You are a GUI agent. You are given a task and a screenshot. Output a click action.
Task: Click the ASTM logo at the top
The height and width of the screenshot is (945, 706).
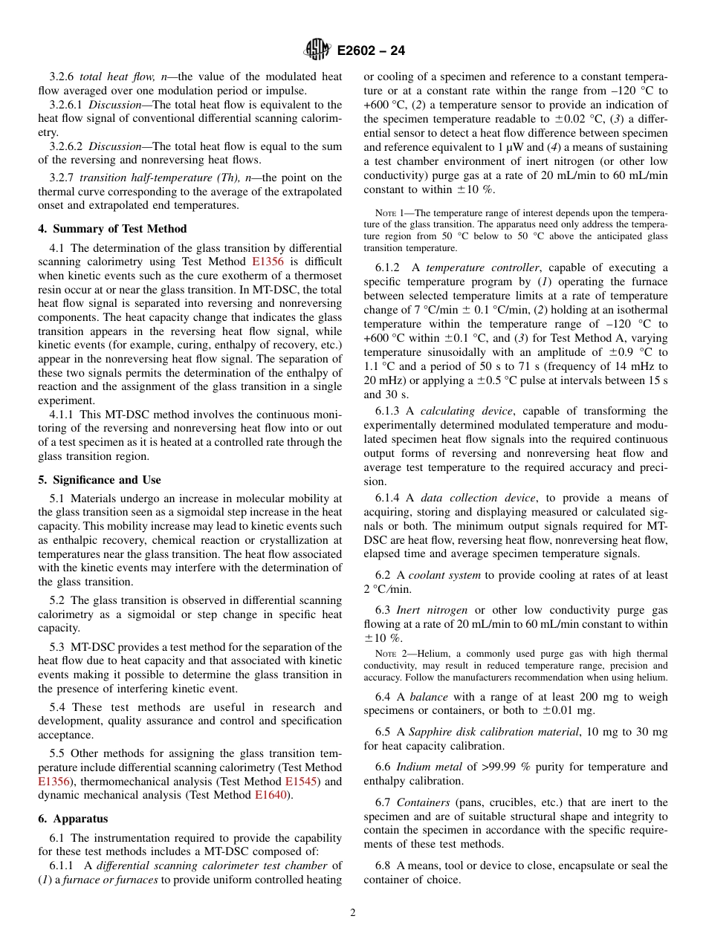click(x=317, y=51)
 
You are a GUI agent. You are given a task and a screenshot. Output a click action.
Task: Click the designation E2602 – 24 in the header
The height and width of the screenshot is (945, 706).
click(x=371, y=51)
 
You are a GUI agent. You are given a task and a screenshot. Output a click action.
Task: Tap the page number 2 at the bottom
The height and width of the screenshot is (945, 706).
click(x=353, y=913)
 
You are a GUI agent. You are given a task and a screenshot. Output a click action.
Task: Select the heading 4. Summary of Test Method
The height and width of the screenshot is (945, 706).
click(x=112, y=229)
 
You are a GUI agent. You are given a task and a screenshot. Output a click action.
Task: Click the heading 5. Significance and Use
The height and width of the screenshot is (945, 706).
click(x=100, y=480)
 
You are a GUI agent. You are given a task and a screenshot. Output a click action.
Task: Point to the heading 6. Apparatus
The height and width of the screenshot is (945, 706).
click(x=73, y=819)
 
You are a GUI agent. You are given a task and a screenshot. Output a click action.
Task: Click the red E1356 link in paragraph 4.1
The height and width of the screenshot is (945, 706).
click(x=268, y=262)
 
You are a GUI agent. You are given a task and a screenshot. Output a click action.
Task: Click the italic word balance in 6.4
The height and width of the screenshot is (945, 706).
click(x=429, y=697)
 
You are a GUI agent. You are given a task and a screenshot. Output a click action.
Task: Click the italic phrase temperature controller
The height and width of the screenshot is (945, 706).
click(x=482, y=267)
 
